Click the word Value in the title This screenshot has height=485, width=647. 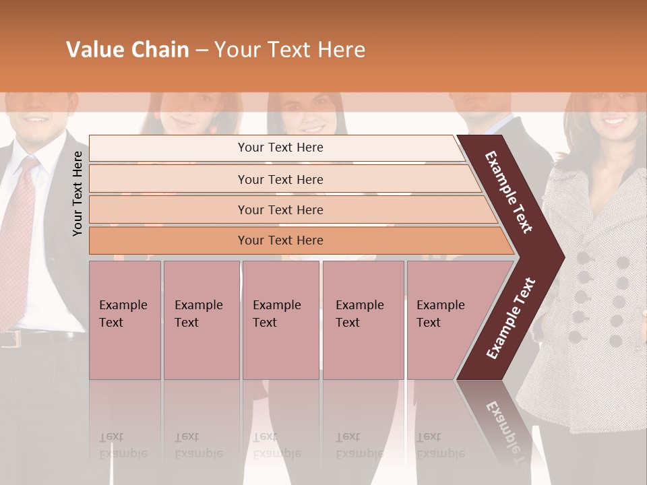click(x=96, y=50)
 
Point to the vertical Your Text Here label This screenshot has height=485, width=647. click(x=78, y=193)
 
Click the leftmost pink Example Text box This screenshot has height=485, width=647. click(x=125, y=320)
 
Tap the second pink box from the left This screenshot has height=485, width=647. click(x=201, y=320)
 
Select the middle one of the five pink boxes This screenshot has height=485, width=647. click(x=280, y=320)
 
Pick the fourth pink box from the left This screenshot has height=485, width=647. click(x=363, y=320)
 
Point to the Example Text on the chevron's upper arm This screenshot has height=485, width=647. click(x=509, y=192)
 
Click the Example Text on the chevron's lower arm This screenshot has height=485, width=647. click(x=511, y=318)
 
